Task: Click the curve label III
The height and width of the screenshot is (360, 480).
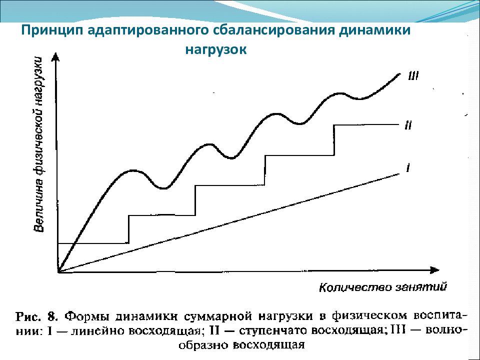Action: click(x=413, y=76)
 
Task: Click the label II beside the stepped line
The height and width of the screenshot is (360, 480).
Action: click(x=407, y=126)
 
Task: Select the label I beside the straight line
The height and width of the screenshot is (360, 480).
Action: click(x=408, y=168)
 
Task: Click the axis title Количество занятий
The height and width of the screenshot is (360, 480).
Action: click(x=382, y=287)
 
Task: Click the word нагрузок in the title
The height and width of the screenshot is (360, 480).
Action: click(x=216, y=50)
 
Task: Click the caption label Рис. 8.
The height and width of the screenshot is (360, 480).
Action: click(x=37, y=316)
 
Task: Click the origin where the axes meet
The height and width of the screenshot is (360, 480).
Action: click(x=58, y=272)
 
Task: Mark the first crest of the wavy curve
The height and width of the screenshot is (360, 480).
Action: click(x=132, y=171)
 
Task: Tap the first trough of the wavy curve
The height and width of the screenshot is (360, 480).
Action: click(x=163, y=188)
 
